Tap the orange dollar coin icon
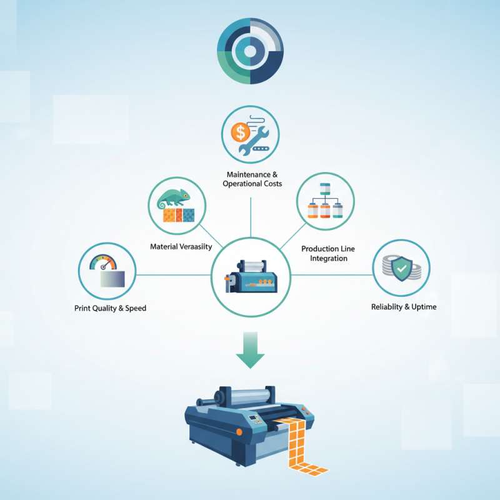tap(239, 132)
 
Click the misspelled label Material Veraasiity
tap(181, 246)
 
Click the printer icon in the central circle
tap(251, 276)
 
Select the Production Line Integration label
tap(328, 253)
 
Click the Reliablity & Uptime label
tap(403, 307)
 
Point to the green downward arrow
tap(250, 351)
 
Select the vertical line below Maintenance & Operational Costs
tap(250, 216)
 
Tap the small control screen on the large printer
tap(254, 417)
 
